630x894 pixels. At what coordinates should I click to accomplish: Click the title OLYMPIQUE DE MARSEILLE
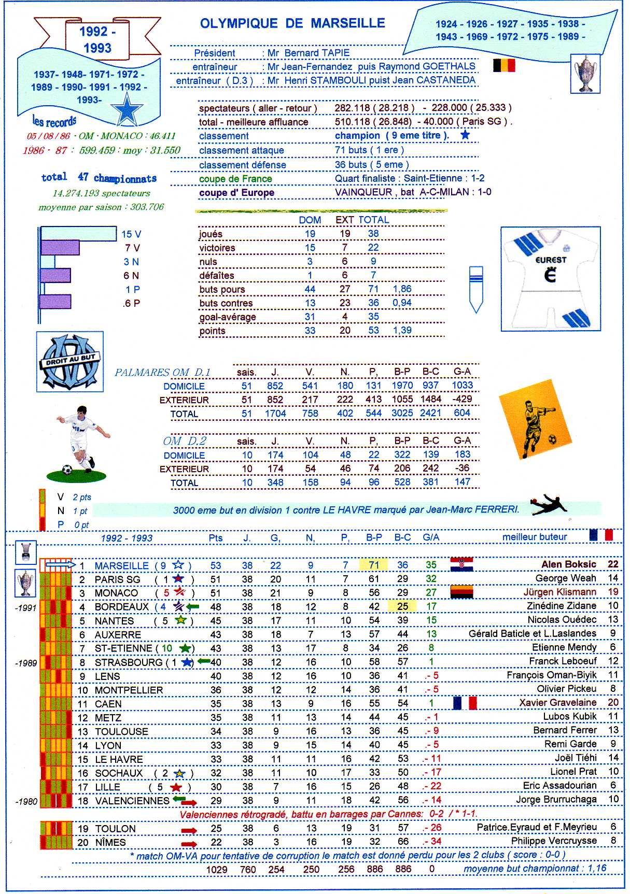click(x=292, y=23)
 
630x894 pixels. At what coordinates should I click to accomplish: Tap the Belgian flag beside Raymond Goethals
click(x=503, y=65)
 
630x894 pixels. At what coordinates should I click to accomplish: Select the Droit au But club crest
click(x=70, y=362)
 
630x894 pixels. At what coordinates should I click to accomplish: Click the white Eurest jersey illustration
click(x=550, y=278)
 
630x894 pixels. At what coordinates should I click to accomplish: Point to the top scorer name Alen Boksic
click(x=569, y=564)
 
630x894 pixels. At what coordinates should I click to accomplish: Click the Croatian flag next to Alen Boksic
click(x=461, y=564)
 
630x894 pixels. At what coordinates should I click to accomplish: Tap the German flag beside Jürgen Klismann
click(x=461, y=592)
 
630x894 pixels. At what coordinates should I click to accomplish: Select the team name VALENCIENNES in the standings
click(x=132, y=801)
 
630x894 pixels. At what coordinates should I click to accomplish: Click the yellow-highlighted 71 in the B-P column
click(x=374, y=565)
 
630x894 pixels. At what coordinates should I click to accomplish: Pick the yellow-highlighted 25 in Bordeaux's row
click(x=402, y=606)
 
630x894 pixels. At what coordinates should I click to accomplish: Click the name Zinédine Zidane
click(x=562, y=606)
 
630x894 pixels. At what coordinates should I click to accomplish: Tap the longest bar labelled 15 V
click(x=78, y=234)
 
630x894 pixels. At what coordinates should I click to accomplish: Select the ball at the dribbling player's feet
click(x=67, y=470)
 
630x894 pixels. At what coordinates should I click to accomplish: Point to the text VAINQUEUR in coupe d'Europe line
click(x=363, y=192)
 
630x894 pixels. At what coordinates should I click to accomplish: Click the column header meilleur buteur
click(x=535, y=537)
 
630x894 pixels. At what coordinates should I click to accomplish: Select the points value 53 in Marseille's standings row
click(x=216, y=565)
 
